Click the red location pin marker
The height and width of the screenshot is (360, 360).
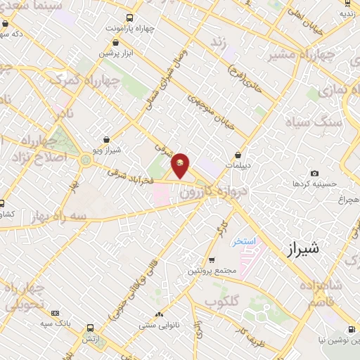pos(181,165)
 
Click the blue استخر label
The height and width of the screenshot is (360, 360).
pos(245,240)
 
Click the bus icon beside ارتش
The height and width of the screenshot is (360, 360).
pos(90,328)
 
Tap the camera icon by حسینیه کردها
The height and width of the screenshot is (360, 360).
pos(314,174)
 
